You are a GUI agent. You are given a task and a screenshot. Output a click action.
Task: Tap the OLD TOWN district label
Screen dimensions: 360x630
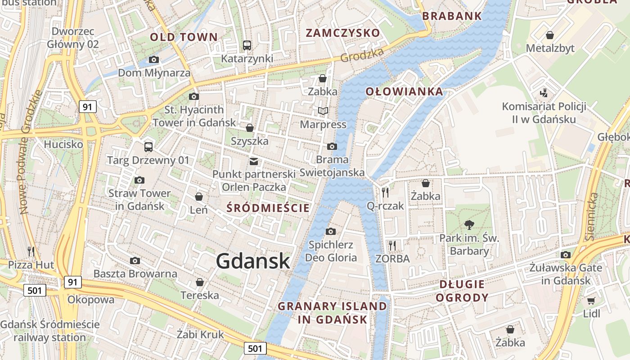coord(184,37)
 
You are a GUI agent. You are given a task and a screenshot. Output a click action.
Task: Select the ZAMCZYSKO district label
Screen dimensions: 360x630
coord(343,33)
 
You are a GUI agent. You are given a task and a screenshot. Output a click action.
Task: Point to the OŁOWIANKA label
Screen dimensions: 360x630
coord(404,92)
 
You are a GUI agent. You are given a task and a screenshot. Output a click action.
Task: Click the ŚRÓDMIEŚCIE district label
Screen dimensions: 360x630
coord(268,208)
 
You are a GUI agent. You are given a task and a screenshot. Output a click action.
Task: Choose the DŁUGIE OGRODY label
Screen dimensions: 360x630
coord(462,291)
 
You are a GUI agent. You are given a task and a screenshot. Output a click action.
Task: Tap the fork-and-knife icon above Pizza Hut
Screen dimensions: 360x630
coord(31,251)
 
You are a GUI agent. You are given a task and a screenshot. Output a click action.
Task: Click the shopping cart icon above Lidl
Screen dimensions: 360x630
coord(591,301)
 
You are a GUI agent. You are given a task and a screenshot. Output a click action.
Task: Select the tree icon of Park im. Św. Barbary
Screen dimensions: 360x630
coord(469,225)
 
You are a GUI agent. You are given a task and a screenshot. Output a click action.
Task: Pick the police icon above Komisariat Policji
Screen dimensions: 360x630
coord(544,93)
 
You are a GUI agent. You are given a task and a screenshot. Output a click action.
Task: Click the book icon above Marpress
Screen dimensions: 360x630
coord(323,111)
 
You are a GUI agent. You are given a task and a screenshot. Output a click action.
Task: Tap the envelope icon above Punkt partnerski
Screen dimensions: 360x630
coord(254,161)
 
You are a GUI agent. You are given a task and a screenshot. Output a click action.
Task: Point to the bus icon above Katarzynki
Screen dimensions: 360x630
coord(247,45)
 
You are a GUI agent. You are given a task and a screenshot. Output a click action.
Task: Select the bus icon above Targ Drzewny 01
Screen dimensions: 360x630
coord(148,147)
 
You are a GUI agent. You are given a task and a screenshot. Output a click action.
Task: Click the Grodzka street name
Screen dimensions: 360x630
coord(362,55)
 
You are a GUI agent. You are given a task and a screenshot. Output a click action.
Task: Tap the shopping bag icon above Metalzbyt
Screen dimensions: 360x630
coord(550,35)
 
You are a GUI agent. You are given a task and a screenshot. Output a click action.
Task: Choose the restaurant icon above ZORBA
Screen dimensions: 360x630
coord(392,245)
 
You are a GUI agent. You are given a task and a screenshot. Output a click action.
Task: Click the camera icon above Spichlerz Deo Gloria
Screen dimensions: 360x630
coord(331,231)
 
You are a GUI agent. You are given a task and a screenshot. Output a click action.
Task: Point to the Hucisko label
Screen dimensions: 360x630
coord(63,144)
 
